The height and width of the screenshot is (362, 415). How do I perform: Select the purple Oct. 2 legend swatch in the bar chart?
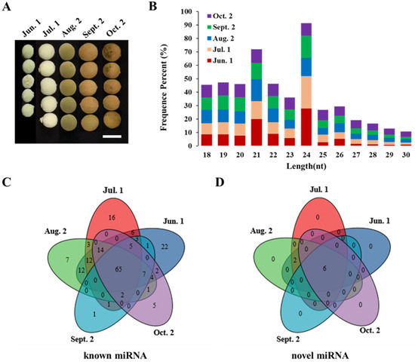[x=193, y=14]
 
